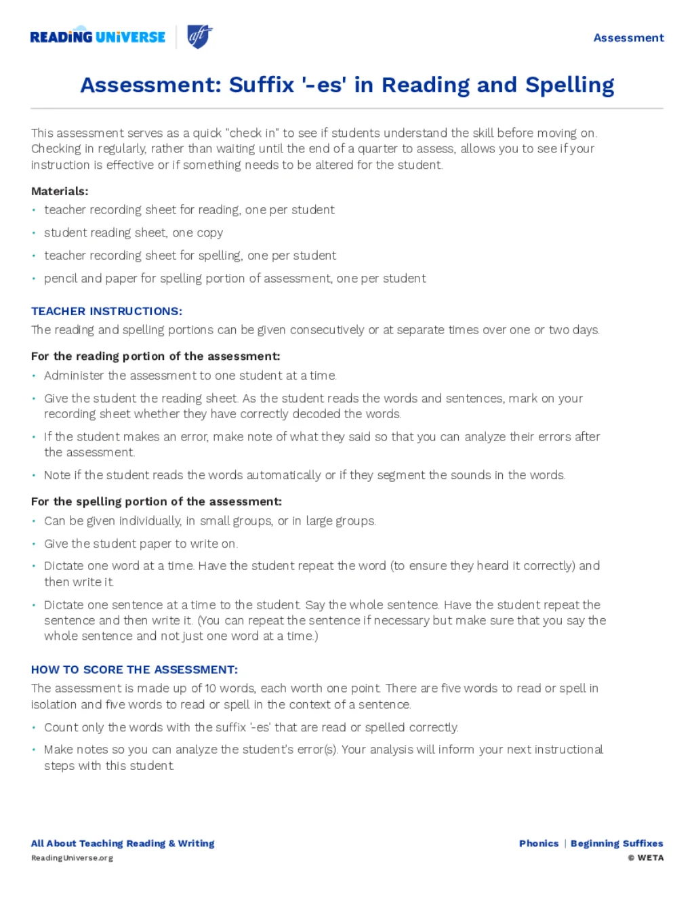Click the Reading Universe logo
click(98, 37)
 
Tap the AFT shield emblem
click(199, 37)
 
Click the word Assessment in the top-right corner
click(628, 38)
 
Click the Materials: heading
click(60, 191)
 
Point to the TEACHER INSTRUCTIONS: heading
click(106, 311)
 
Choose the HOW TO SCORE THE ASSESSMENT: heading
click(134, 670)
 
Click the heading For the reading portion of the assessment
click(155, 356)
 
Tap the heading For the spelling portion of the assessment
click(156, 502)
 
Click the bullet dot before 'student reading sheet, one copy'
click(34, 232)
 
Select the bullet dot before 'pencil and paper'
click(34, 279)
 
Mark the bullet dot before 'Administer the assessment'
click(34, 375)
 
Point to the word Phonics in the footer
click(539, 843)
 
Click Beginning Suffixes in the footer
click(617, 843)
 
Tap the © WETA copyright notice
click(646, 857)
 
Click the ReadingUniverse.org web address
click(72, 858)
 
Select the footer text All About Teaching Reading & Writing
click(123, 843)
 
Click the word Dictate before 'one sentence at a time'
click(64, 605)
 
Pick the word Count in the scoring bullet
click(60, 727)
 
